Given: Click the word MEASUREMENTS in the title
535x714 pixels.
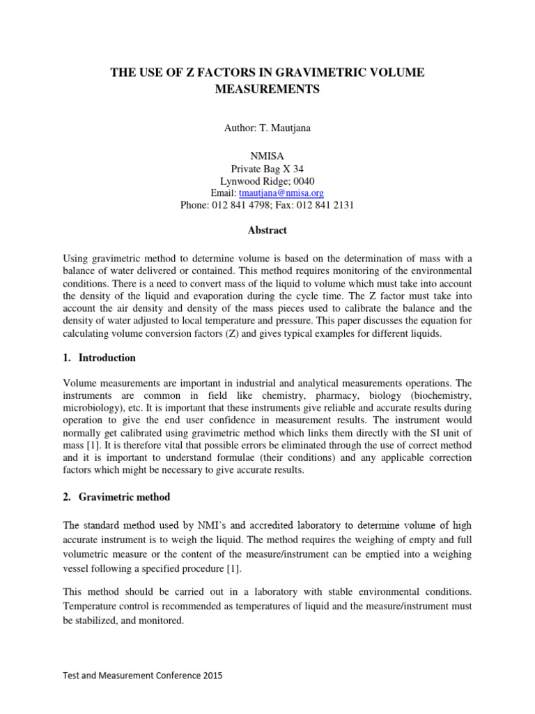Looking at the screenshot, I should click(267, 90).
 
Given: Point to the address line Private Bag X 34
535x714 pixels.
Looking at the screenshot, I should click(267, 169).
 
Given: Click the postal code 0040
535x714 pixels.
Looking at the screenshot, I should click(302, 181).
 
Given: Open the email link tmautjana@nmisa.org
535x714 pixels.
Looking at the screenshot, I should click(281, 192).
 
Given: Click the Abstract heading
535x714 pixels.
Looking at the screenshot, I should click(267, 230).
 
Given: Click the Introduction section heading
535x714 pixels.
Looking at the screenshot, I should click(107, 358).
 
